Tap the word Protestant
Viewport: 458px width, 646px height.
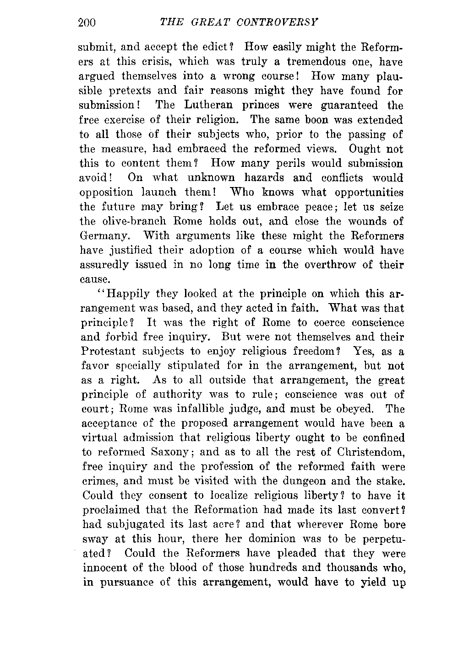pos(108,352)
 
